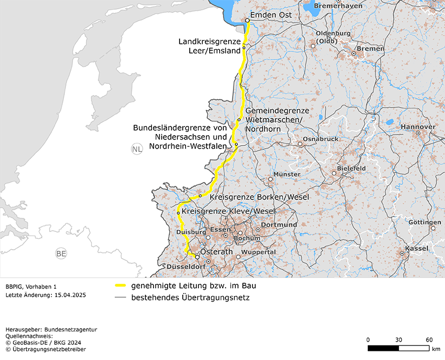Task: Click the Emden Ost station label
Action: (x=271, y=15)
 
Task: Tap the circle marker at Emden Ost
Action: (x=247, y=21)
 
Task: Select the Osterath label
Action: (x=216, y=252)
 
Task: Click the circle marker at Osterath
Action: (x=197, y=257)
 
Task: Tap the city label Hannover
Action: (x=418, y=126)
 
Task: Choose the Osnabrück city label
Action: (x=321, y=139)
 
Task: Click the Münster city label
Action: (x=287, y=174)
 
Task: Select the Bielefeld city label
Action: (x=351, y=168)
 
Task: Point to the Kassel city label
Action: (x=416, y=248)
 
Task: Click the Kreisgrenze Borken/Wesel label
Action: (x=258, y=197)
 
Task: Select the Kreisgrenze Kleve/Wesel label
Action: (x=228, y=211)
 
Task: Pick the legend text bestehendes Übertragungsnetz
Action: (x=190, y=297)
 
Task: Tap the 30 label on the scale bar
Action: (x=398, y=339)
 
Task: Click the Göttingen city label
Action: (x=424, y=222)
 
